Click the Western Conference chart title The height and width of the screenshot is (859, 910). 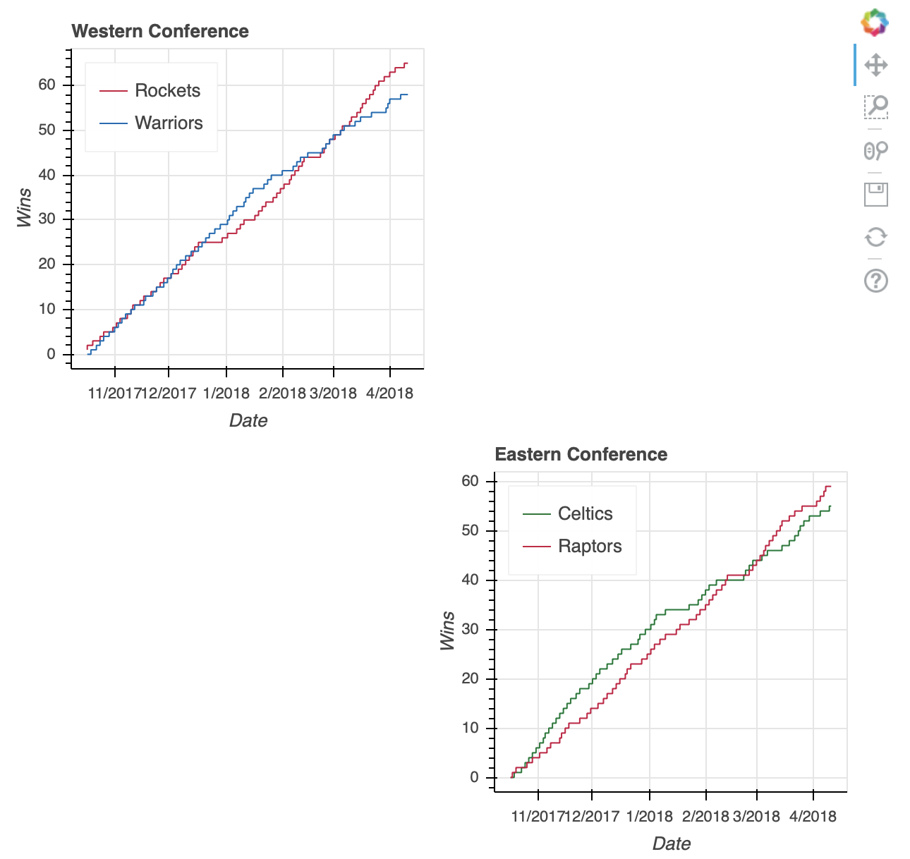pyautogui.click(x=160, y=32)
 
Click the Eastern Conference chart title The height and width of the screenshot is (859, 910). pyautogui.click(x=581, y=455)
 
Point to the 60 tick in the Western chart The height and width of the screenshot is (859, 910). pyautogui.click(x=47, y=85)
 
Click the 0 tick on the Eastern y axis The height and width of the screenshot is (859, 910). pyautogui.click(x=473, y=777)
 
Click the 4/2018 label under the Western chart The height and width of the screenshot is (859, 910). pyautogui.click(x=389, y=394)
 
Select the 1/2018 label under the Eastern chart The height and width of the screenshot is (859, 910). pyautogui.click(x=650, y=817)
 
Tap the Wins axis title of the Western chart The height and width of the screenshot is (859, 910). pyautogui.click(x=25, y=207)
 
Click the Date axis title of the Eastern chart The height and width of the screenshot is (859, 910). pyautogui.click(x=671, y=843)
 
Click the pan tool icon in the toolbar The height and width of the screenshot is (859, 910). pyautogui.click(x=875, y=66)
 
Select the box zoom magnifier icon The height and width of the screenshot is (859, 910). pyautogui.click(x=875, y=107)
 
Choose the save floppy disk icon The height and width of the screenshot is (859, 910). pyautogui.click(x=875, y=194)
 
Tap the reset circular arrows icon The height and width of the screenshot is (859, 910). pyautogui.click(x=875, y=237)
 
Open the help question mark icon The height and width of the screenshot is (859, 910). pyautogui.click(x=875, y=281)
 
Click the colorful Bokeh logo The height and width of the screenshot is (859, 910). pyautogui.click(x=875, y=23)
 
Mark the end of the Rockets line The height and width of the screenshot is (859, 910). pyautogui.click(x=407, y=63)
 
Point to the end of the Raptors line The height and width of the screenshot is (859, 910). pyautogui.click(x=830, y=486)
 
